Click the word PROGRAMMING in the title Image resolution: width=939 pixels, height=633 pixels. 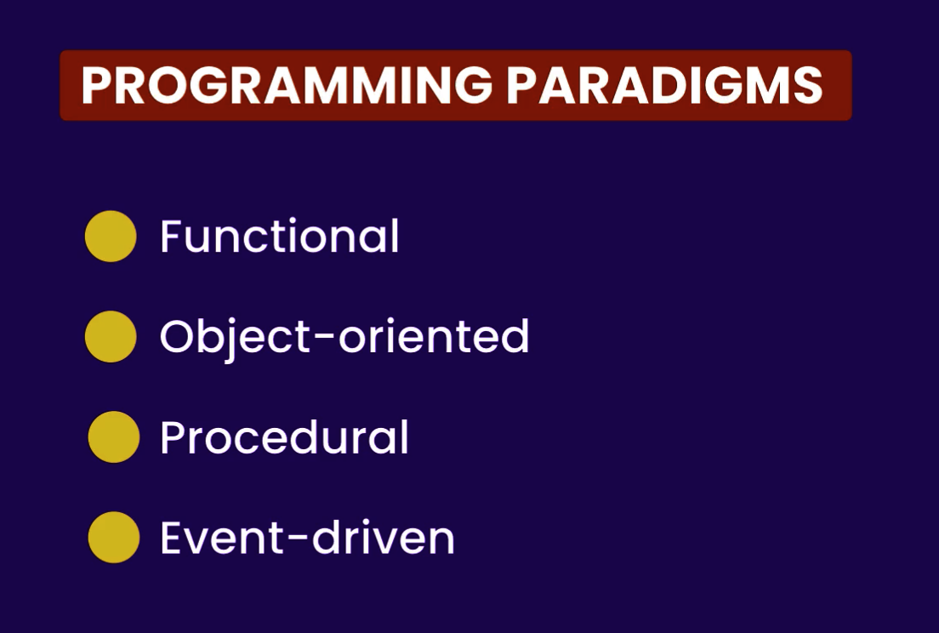(x=287, y=85)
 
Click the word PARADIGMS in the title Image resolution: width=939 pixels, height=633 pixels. (x=665, y=85)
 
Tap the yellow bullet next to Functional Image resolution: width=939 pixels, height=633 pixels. (x=111, y=236)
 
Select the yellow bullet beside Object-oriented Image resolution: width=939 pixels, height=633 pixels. (x=111, y=337)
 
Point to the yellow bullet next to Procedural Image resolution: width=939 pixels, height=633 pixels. (x=114, y=437)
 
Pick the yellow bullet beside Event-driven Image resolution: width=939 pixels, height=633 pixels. (x=114, y=537)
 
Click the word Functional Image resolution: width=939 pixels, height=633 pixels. (x=280, y=236)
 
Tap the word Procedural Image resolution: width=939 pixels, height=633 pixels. (x=284, y=437)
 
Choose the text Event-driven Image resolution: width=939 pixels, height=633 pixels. (x=307, y=537)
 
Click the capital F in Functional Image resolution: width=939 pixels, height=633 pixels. (x=171, y=236)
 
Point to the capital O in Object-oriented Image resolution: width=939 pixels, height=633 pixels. (x=179, y=337)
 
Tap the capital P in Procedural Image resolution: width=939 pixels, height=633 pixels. (x=174, y=437)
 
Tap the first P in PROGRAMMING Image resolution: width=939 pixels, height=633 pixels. (x=96, y=85)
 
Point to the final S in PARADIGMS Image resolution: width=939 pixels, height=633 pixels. (x=809, y=85)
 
